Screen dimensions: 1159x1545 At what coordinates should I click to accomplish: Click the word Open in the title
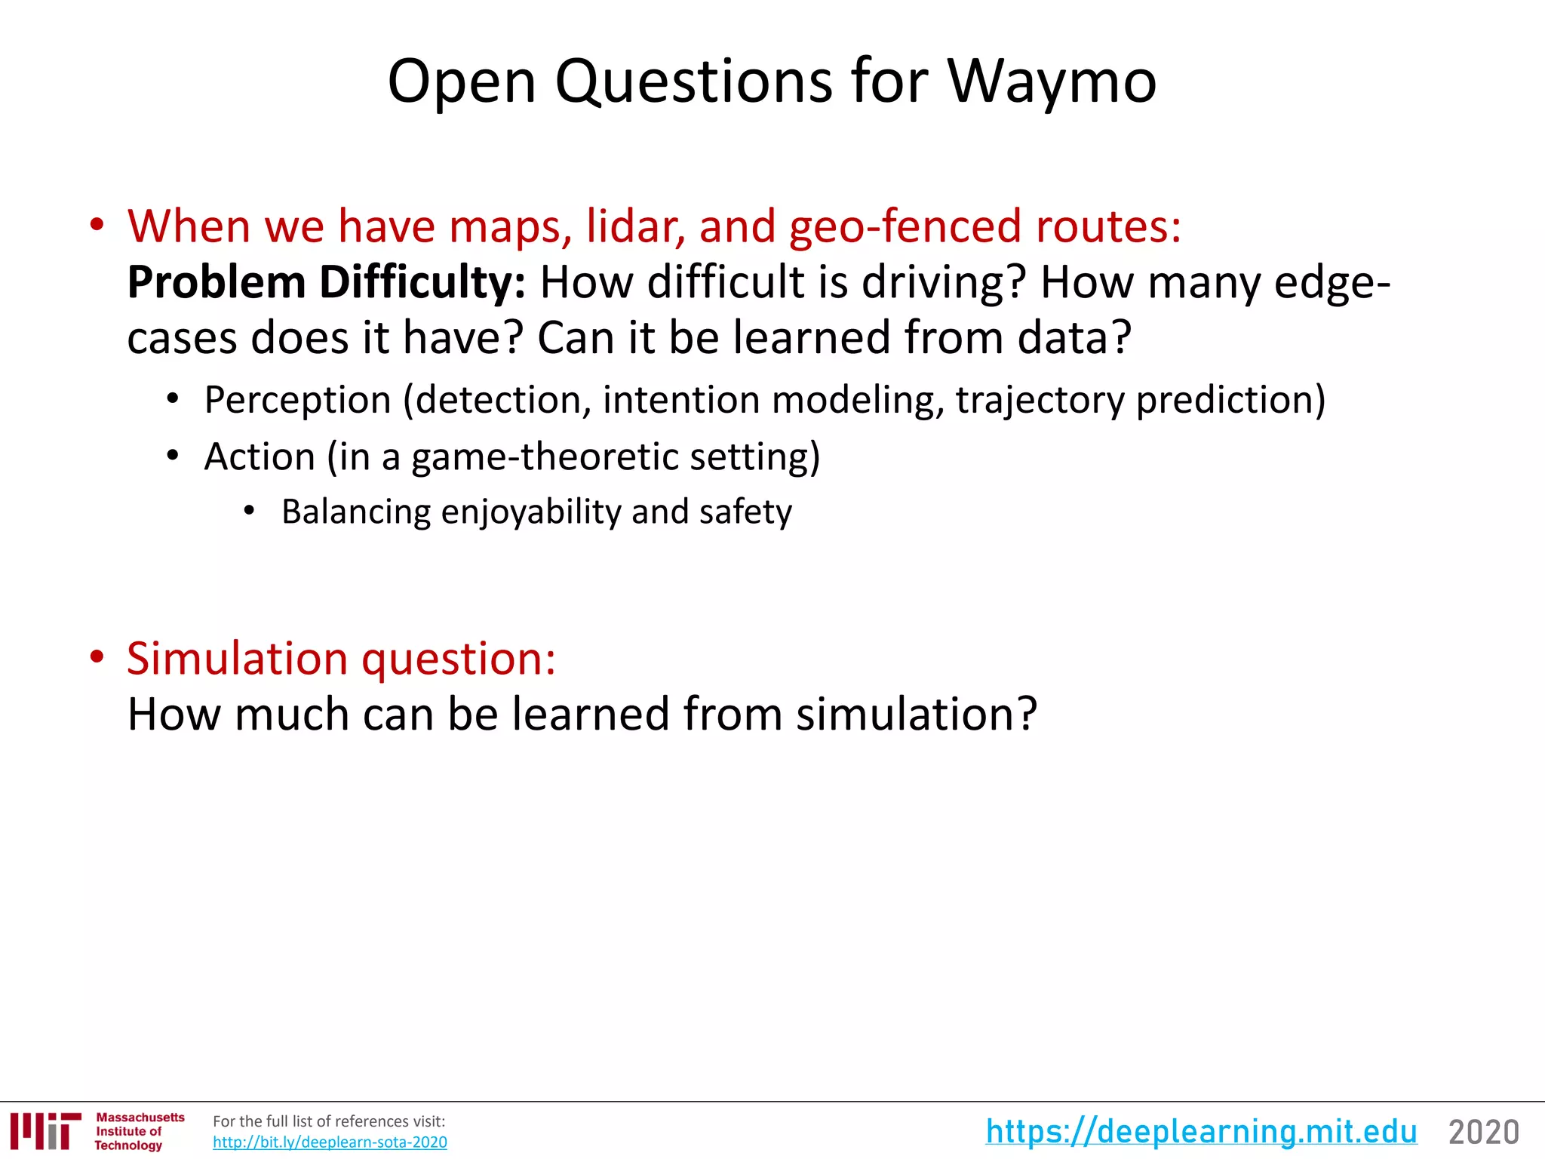(x=462, y=81)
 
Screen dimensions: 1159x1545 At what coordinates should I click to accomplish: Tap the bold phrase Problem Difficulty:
(x=326, y=282)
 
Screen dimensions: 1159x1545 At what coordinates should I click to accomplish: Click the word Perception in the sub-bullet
(x=297, y=400)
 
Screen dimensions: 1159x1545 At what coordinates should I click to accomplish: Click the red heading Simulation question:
(x=341, y=658)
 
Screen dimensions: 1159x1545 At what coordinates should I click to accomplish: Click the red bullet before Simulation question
(x=97, y=656)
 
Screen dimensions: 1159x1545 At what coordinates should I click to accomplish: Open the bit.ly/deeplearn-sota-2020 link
(x=330, y=1142)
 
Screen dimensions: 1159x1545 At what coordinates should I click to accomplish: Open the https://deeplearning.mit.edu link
(x=1201, y=1132)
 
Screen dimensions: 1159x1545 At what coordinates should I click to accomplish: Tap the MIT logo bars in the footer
(x=45, y=1130)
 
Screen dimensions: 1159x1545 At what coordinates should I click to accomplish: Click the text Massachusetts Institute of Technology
(x=139, y=1131)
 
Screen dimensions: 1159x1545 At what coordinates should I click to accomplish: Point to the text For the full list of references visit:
(x=329, y=1121)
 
